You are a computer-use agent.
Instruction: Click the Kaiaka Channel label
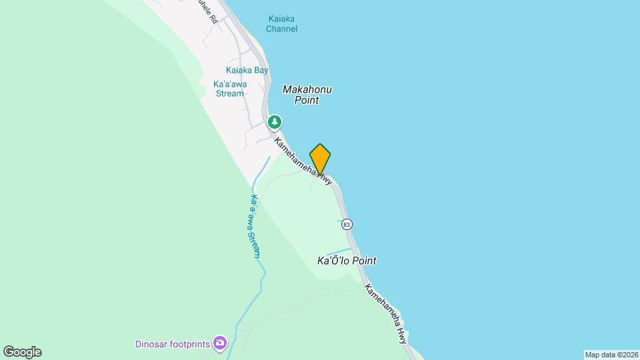[x=281, y=23]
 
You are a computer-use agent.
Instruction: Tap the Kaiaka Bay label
[x=247, y=70]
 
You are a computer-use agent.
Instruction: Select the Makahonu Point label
[x=307, y=95]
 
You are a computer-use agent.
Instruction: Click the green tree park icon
[x=274, y=122]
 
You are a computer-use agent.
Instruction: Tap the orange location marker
[x=320, y=159]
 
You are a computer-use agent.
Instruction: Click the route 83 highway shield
[x=347, y=225]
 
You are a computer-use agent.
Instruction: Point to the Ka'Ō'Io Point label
[x=346, y=261]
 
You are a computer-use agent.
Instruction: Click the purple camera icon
[x=220, y=344]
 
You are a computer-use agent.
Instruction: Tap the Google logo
[x=22, y=352]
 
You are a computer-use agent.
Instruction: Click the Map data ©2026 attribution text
[x=611, y=355]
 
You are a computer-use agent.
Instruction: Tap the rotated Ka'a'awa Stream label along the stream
[x=255, y=226]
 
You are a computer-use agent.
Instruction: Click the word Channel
[x=281, y=29]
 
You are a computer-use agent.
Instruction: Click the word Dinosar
[x=150, y=344]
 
